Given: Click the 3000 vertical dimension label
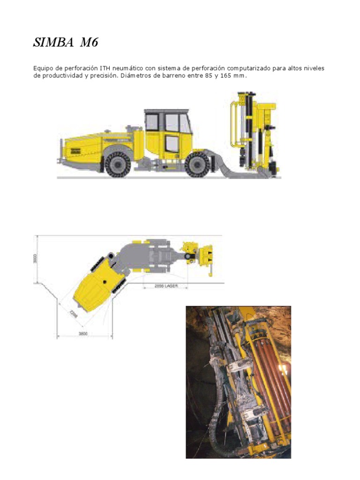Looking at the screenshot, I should coord(35,259).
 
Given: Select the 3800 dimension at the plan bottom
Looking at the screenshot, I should coord(84,334).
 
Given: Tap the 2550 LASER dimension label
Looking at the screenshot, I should coord(166,286).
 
